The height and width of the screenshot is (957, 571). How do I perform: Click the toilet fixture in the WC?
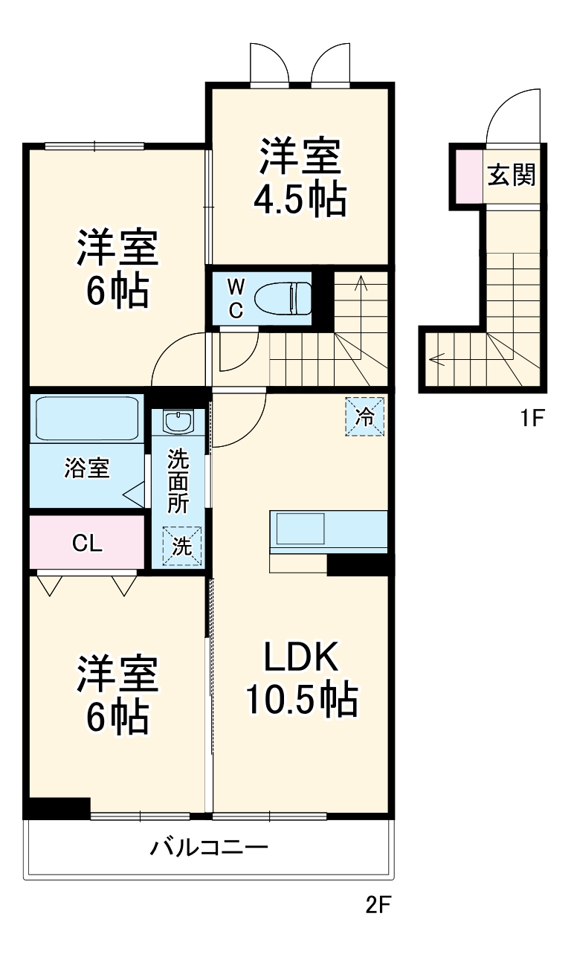[x=283, y=298]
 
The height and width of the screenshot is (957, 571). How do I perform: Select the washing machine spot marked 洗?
[x=181, y=545]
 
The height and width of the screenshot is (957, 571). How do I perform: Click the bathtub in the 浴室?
[x=86, y=419]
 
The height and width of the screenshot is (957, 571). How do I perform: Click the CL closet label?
[x=86, y=544]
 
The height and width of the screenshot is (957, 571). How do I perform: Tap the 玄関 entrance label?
[x=511, y=176]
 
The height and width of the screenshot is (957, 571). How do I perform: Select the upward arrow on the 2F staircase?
[x=361, y=283]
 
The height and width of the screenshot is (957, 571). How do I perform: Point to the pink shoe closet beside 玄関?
[x=468, y=176]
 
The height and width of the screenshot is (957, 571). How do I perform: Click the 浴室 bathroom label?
[x=86, y=468]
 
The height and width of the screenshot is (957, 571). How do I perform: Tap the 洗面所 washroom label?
[x=178, y=480]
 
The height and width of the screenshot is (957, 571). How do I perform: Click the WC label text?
[x=235, y=298]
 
